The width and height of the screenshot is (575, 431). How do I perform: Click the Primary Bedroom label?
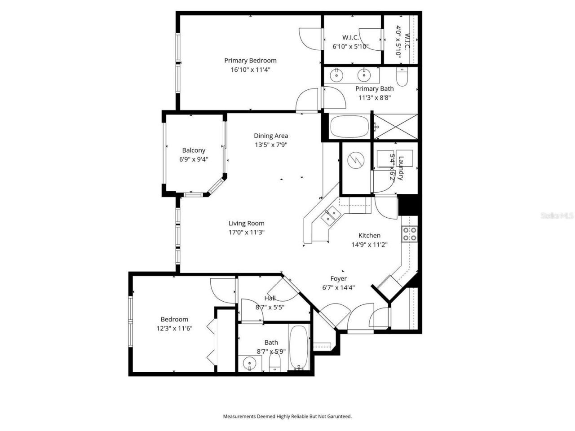click(x=250, y=61)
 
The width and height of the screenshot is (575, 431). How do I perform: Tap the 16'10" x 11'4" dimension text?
click(x=250, y=70)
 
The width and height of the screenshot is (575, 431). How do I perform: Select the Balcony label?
click(x=194, y=150)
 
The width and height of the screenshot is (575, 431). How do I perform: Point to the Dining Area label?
click(x=271, y=136)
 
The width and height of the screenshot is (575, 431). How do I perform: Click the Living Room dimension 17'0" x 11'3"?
click(x=246, y=233)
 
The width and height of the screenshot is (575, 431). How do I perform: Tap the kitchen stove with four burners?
click(x=409, y=233)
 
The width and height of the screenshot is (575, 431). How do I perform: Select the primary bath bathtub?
click(x=349, y=127)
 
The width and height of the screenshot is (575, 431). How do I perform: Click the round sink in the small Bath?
click(x=248, y=362)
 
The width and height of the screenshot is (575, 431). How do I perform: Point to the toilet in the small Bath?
click(x=274, y=362)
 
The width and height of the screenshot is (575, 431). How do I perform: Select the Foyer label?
click(x=338, y=278)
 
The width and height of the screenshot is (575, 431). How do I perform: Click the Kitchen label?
click(x=369, y=235)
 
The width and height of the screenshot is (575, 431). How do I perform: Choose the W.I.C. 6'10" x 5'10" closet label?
click(x=350, y=38)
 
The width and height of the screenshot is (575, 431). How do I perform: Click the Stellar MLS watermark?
click(x=557, y=215)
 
